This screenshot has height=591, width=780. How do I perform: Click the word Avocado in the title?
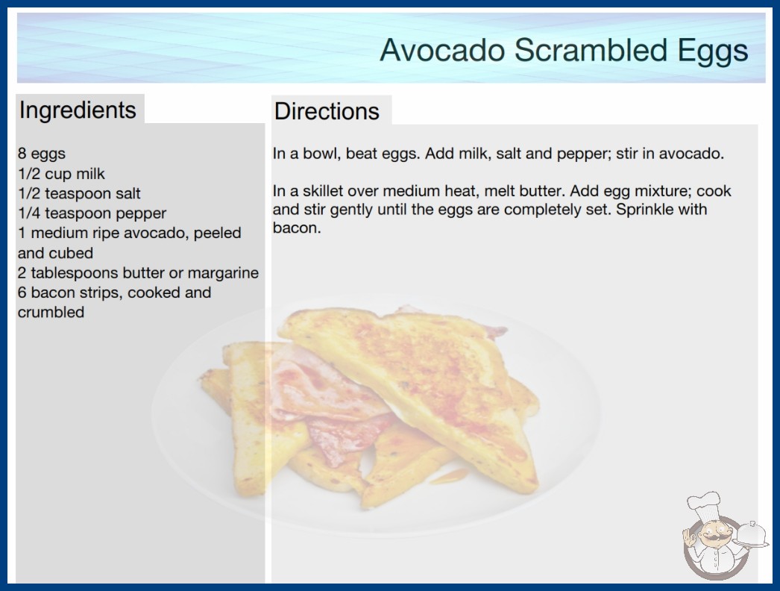point(442,50)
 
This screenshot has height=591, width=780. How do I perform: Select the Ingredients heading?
point(77,110)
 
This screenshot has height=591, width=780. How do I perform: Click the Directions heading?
point(327,111)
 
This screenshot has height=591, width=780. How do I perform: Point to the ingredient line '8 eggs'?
point(41,154)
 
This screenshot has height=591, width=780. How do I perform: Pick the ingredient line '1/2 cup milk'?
point(61,173)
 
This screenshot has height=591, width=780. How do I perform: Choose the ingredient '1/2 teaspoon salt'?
point(79,193)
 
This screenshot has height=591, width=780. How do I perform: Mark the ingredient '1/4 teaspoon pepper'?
point(92,213)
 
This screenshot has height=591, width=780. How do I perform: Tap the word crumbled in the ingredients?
point(51,312)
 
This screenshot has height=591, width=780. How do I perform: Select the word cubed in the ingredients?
point(72,253)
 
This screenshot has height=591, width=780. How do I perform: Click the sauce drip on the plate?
point(449,477)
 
